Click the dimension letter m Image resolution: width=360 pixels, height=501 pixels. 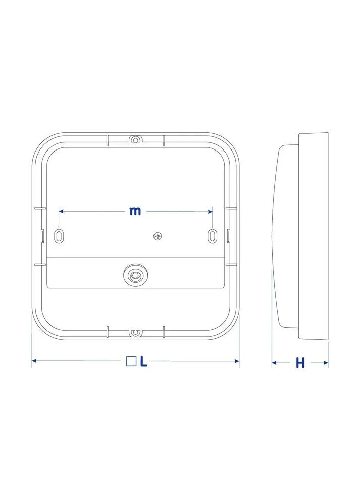click(x=135, y=211)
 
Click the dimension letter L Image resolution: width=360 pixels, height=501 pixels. click(x=144, y=361)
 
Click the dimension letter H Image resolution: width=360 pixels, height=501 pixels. click(x=300, y=363)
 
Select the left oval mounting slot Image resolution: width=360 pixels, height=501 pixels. click(x=59, y=236)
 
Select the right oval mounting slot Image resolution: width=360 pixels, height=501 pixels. click(x=212, y=236)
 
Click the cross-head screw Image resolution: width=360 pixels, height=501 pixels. click(x=158, y=236)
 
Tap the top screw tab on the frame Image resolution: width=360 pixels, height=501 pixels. click(x=135, y=139)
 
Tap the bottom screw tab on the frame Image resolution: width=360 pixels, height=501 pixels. click(x=135, y=333)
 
